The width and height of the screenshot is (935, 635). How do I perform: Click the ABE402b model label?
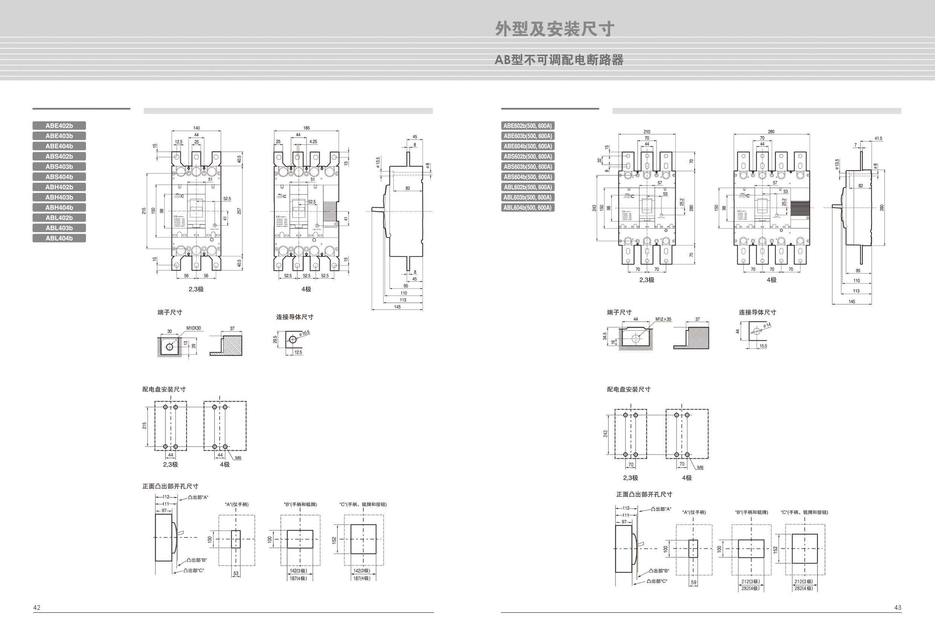tap(59, 126)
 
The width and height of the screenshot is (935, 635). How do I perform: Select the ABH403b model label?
tap(59, 197)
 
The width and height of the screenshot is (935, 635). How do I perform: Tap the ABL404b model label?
tap(59, 238)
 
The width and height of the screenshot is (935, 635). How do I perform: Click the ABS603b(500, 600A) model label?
tap(528, 167)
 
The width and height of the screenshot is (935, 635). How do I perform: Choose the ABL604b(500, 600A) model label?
tap(528, 207)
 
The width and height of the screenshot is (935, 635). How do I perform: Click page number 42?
tap(37, 607)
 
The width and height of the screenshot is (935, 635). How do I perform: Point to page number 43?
tap(898, 607)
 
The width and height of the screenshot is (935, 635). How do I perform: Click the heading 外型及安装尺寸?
tap(554, 29)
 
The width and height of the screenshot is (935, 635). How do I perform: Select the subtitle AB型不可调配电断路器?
tap(559, 60)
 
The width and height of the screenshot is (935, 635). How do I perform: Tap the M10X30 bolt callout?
tap(193, 328)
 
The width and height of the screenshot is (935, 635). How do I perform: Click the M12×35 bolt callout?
tap(663, 319)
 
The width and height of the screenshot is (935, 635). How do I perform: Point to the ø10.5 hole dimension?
tap(305, 333)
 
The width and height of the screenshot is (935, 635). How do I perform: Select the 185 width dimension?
tap(306, 128)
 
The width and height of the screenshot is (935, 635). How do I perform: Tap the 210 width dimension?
tap(647, 132)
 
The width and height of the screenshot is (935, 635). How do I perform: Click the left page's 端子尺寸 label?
tap(170, 313)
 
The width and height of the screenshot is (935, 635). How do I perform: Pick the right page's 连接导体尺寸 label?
tap(757, 313)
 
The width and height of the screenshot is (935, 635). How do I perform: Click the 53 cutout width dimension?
tap(236, 574)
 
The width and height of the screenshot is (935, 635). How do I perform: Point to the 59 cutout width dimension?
tap(693, 582)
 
